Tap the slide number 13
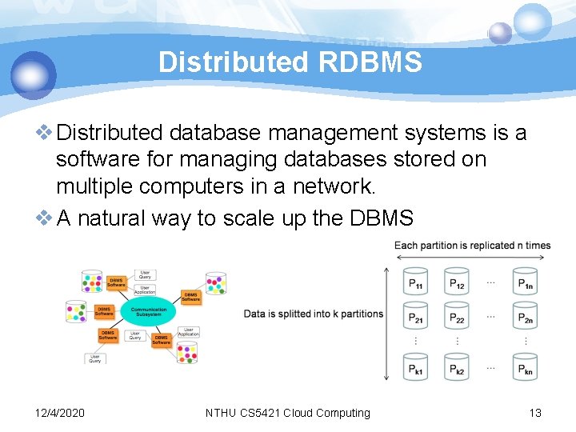click(535, 413)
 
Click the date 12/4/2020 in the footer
click(61, 413)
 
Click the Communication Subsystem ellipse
click(149, 311)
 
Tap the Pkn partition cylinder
click(525, 367)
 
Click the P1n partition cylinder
click(525, 282)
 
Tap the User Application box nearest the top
click(145, 290)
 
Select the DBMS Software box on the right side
click(190, 296)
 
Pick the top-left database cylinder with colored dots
click(91, 282)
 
